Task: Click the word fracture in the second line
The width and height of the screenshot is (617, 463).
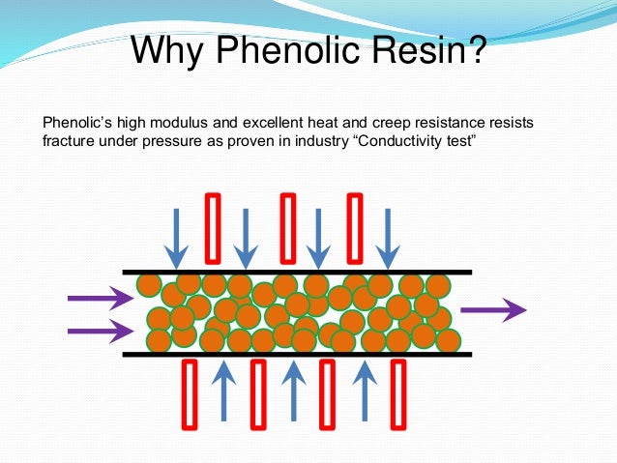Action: (70, 142)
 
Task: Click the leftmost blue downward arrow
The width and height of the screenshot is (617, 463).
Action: (176, 237)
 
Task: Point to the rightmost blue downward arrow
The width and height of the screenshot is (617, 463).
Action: (388, 237)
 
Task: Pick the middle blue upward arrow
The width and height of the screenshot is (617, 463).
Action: (293, 391)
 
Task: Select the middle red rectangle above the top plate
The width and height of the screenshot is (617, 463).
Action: (286, 228)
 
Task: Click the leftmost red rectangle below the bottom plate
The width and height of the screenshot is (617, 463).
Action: (190, 392)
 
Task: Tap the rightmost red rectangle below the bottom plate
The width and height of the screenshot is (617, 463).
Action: (397, 392)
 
